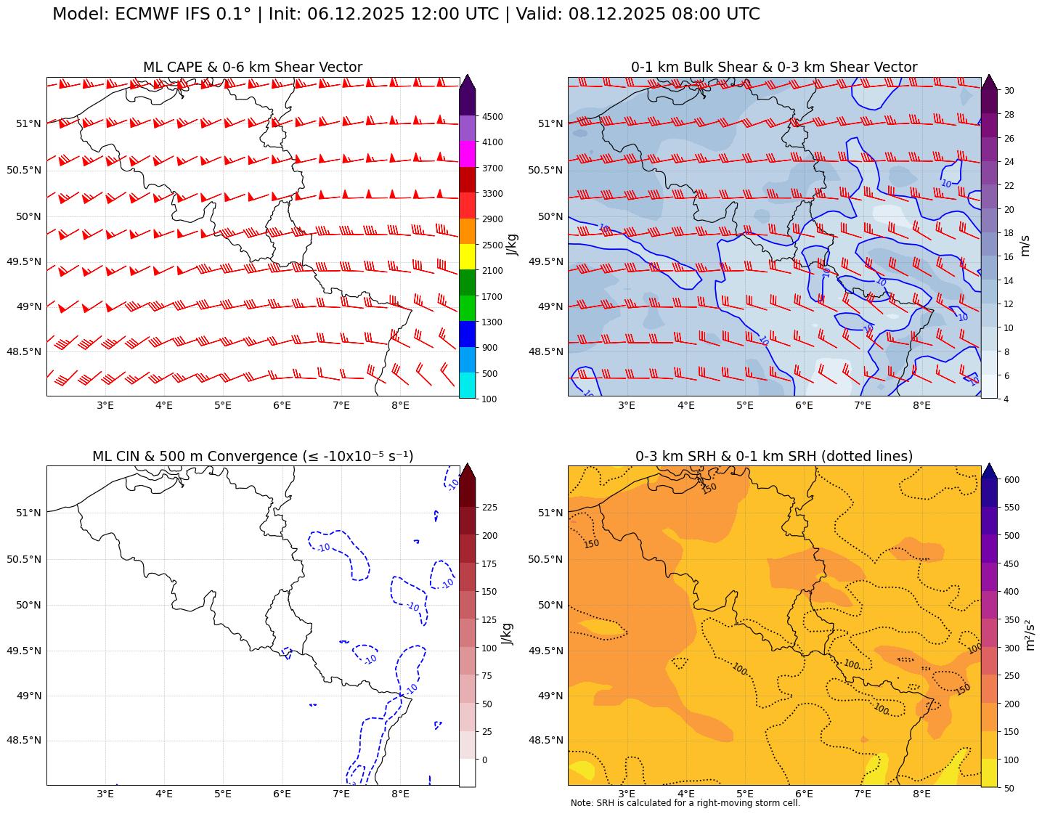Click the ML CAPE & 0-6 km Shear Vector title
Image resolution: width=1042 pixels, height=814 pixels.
point(252,68)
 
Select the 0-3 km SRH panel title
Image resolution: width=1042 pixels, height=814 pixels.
point(773,457)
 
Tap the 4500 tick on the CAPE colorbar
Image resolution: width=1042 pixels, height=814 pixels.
point(492,116)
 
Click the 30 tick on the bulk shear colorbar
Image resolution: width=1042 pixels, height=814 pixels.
point(1009,91)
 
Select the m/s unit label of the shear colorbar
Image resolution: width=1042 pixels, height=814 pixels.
point(1025,244)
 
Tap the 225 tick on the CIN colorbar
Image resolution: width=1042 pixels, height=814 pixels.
point(490,508)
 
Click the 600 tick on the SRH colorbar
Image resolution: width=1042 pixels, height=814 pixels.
point(1012,480)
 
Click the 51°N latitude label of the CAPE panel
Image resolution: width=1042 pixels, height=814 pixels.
point(29,123)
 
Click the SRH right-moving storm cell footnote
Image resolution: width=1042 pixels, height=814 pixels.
point(685,803)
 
